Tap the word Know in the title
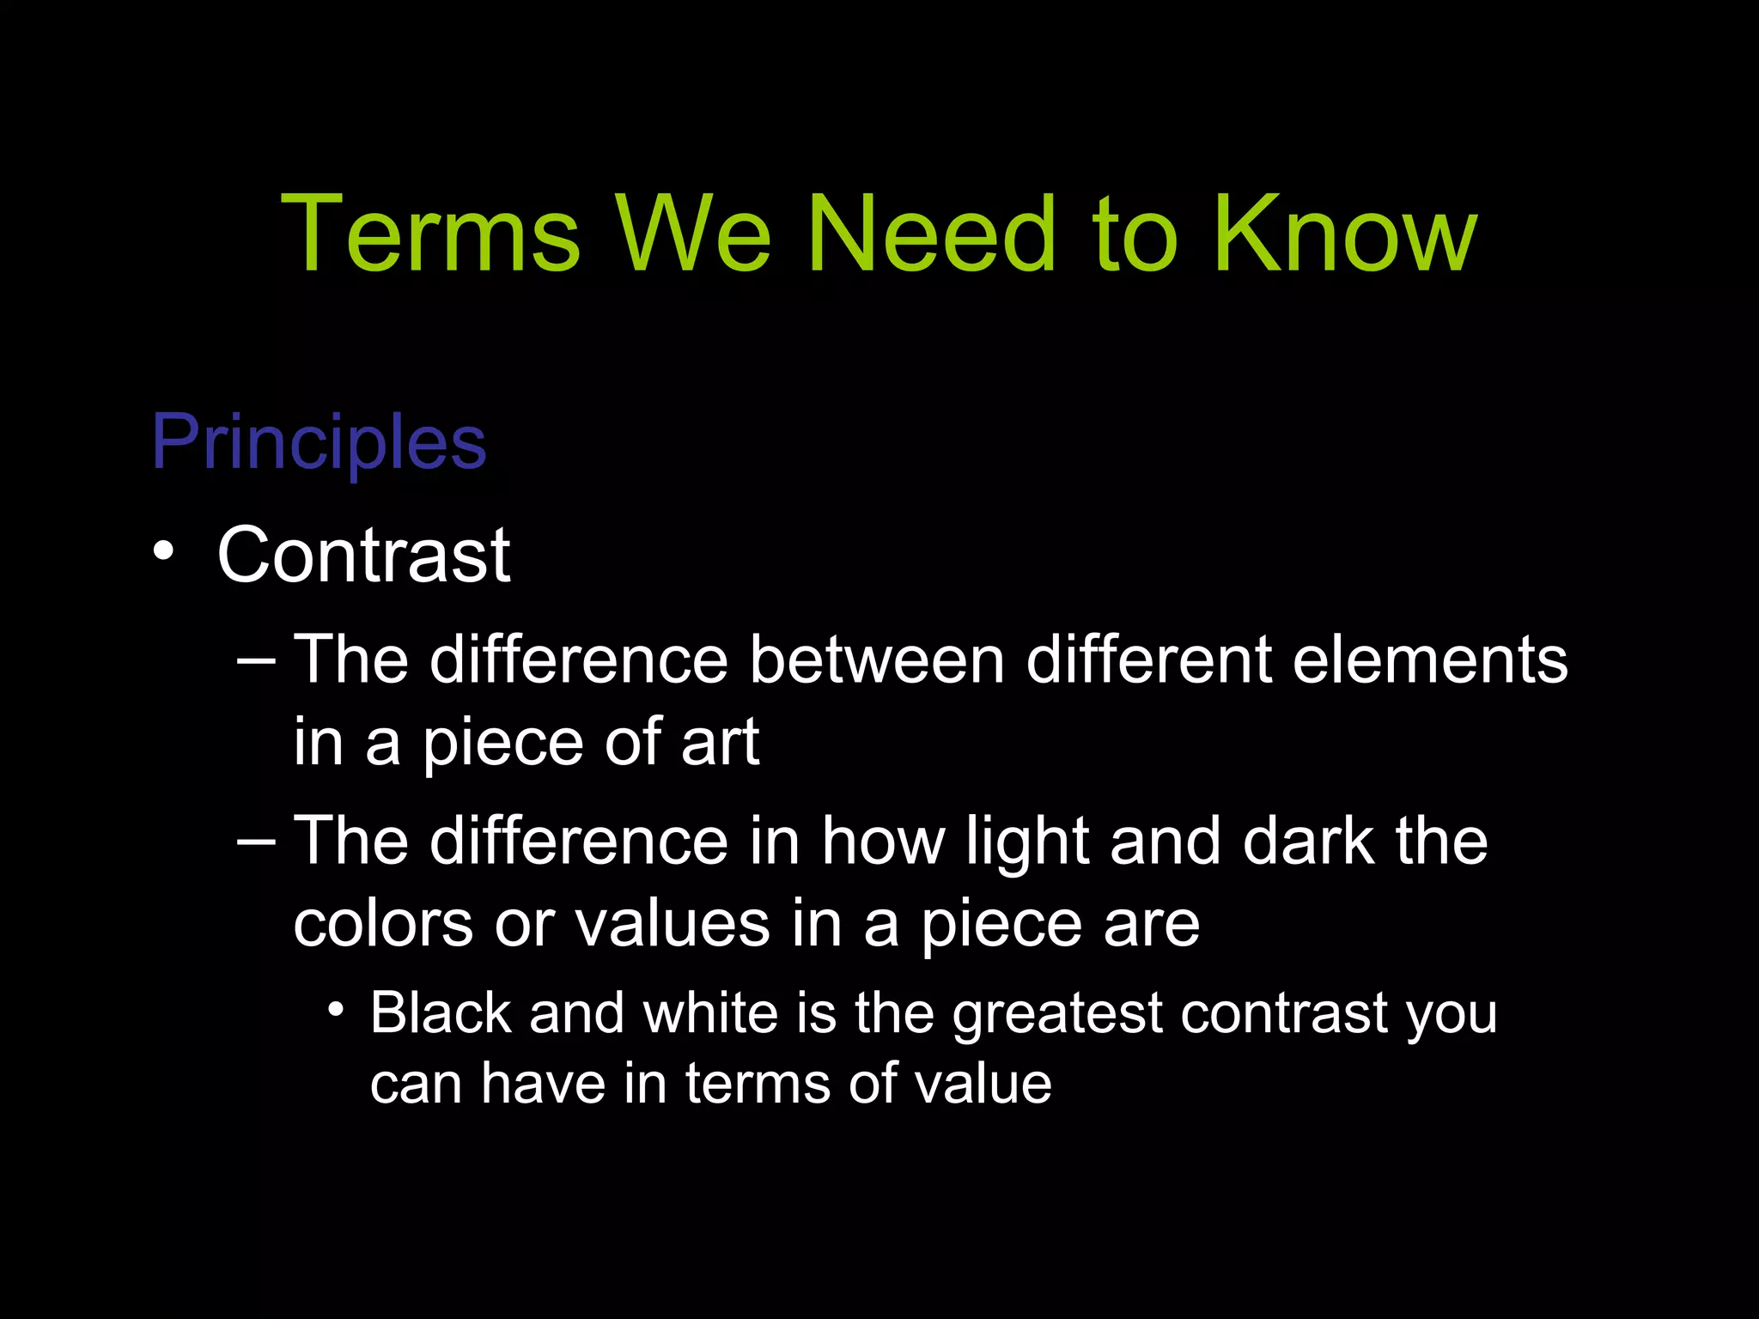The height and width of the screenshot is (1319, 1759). coord(1344,234)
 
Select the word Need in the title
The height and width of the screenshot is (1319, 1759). coord(932,234)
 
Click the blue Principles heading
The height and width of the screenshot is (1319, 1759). coord(319,442)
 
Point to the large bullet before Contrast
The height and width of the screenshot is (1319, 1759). coord(163,552)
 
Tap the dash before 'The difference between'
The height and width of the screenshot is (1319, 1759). coord(256,660)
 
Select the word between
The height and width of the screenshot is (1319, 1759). coord(876,660)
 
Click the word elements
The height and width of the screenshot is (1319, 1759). coord(1429,660)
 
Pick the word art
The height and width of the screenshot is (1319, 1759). coord(720,742)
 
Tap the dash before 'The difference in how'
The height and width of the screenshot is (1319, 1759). coord(256,842)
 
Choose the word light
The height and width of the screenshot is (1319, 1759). coord(1027,842)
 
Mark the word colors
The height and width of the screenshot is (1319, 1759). coord(383,925)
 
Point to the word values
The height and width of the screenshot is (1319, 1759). coord(672,925)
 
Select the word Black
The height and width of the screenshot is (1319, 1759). coord(441,1013)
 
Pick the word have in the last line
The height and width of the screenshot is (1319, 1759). coord(542,1084)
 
